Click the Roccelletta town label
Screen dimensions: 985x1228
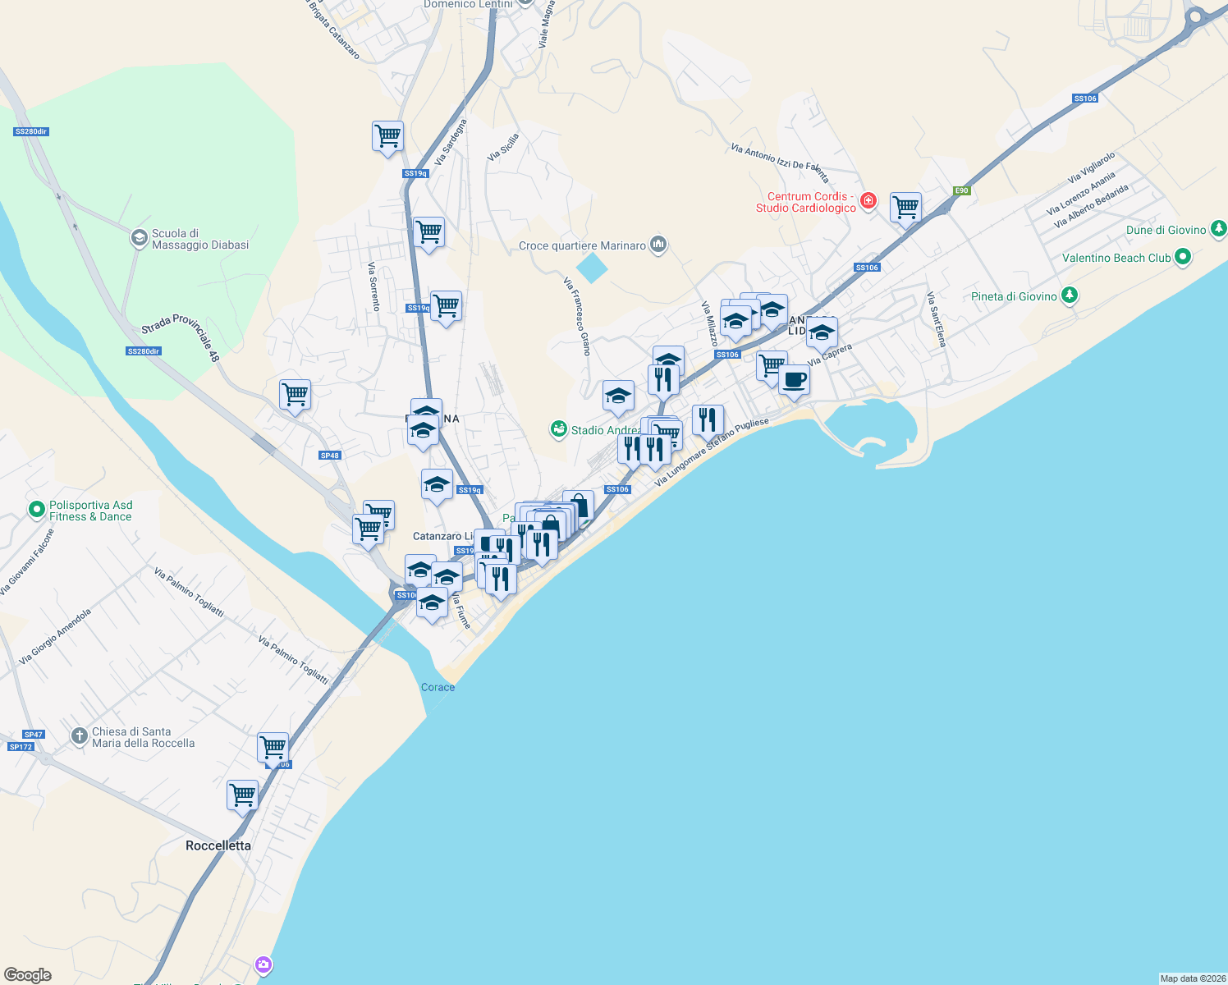218,845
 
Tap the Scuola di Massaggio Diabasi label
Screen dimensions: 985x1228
199,239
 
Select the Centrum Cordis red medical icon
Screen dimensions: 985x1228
868,201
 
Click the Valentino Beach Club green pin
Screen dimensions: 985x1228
1183,258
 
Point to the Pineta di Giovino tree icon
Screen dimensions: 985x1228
1069,295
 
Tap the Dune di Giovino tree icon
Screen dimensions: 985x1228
1219,229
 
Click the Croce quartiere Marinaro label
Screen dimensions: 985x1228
582,245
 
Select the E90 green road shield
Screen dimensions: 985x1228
962,190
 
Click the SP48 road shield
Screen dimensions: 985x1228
330,456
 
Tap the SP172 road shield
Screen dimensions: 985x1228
21,747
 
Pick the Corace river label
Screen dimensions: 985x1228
438,687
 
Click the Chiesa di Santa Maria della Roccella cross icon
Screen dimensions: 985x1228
79,735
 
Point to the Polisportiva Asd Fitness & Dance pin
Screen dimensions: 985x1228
36,511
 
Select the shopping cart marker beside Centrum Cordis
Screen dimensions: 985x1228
905,208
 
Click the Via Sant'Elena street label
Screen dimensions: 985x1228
936,319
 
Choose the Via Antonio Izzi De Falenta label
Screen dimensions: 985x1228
780,162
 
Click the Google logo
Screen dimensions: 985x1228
28,975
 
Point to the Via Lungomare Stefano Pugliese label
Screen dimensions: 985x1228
712,452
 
